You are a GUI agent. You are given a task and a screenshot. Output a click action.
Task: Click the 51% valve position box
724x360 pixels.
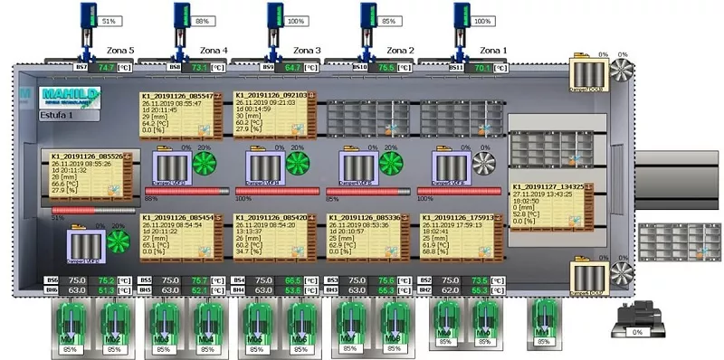109,20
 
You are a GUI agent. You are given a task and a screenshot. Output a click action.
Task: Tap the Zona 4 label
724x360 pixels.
214,51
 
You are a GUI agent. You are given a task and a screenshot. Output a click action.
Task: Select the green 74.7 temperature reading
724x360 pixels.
107,67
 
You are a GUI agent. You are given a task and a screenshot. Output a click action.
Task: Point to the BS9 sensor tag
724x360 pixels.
269,67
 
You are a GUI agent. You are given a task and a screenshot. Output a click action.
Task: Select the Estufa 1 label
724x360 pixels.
58,116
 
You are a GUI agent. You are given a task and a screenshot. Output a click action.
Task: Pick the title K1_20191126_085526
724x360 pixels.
86,156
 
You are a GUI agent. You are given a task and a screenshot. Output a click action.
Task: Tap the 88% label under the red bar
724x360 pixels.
151,198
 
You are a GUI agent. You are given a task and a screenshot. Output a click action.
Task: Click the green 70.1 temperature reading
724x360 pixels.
481,67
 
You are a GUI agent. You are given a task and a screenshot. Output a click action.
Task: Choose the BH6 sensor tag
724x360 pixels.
52,290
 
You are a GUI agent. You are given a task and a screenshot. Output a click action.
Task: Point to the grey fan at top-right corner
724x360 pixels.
621,72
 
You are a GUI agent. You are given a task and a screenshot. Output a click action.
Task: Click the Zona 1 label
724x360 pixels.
495,51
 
